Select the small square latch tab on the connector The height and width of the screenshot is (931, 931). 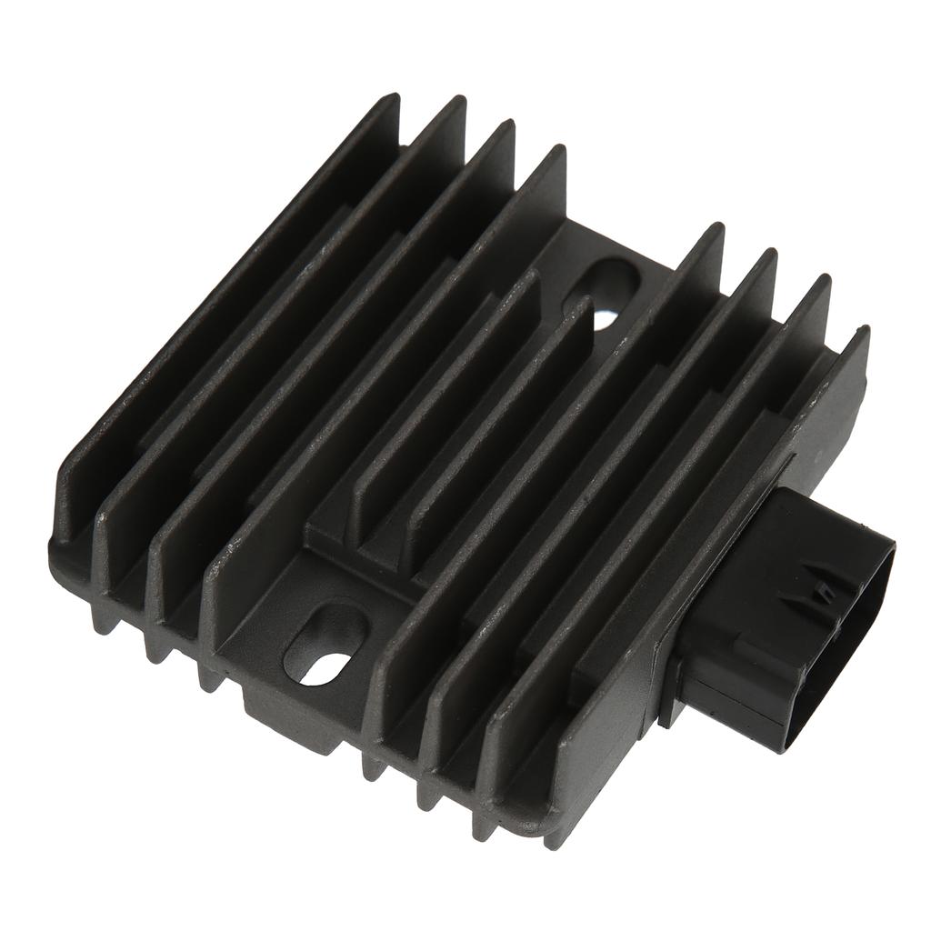(x=825, y=592)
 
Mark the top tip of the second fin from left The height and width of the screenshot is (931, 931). (x=458, y=103)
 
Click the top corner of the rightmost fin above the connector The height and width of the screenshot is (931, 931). (x=861, y=334)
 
